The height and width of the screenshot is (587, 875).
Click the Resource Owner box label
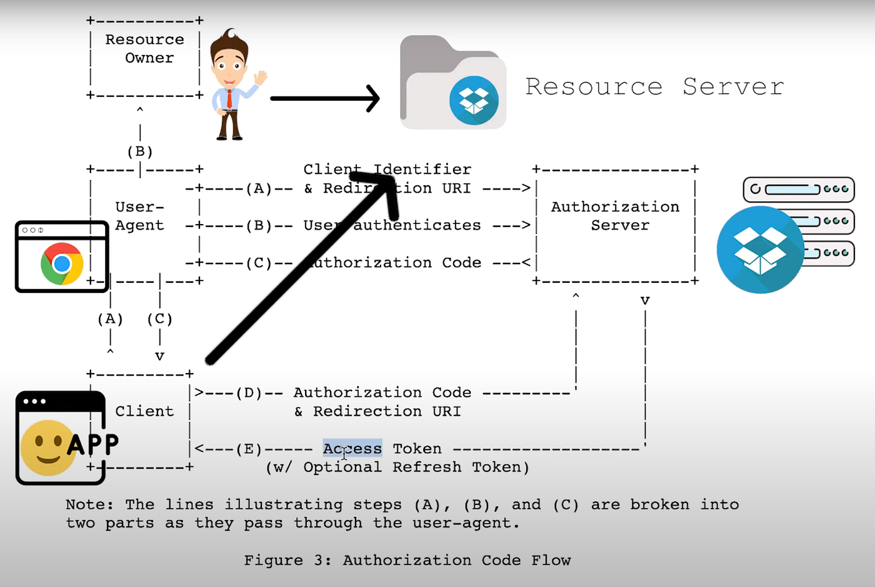145,49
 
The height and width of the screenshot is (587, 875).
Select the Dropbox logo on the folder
474,100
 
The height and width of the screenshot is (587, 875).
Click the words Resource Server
654,86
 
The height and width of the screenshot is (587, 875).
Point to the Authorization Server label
615,216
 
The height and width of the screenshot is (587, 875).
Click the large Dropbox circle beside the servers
760,250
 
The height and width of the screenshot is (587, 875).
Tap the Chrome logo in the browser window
62,263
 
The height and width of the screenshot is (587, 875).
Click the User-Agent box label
139,216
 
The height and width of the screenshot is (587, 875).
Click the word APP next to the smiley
92,444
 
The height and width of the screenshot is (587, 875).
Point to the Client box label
144,411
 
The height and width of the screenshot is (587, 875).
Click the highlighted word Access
352,449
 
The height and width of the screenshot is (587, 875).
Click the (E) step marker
249,449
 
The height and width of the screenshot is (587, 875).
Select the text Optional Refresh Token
416,467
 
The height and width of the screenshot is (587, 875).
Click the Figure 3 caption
407,560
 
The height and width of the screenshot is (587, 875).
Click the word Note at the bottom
89,504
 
